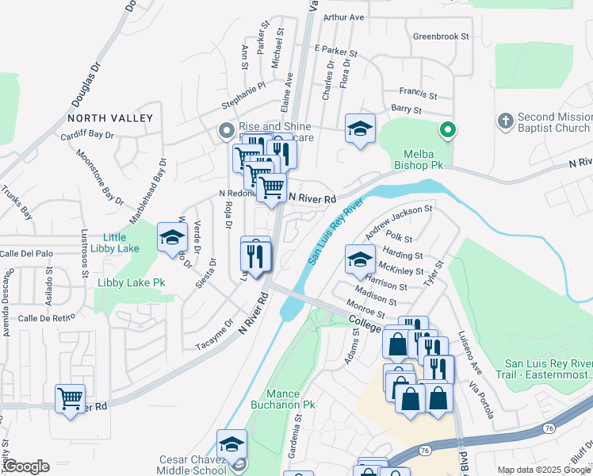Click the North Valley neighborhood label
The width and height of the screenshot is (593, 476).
pyautogui.click(x=109, y=118)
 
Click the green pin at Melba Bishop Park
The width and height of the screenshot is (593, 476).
pyautogui.click(x=447, y=129)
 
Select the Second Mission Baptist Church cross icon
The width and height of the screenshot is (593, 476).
pyautogui.click(x=505, y=121)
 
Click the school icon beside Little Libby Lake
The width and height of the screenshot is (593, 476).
pyautogui.click(x=172, y=236)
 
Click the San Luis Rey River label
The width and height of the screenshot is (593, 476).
pyautogui.click(x=335, y=232)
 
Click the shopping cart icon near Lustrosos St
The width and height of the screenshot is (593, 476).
pyautogui.click(x=71, y=397)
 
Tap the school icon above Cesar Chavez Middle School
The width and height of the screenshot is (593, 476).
pyautogui.click(x=231, y=443)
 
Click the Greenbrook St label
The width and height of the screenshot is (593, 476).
pyautogui.click(x=441, y=36)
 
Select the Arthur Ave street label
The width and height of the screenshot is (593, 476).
pyautogui.click(x=343, y=17)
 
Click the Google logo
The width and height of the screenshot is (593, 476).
pyautogui.click(x=25, y=466)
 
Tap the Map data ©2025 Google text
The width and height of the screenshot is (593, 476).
pyautogui.click(x=544, y=470)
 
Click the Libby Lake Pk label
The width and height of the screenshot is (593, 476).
pyautogui.click(x=131, y=282)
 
